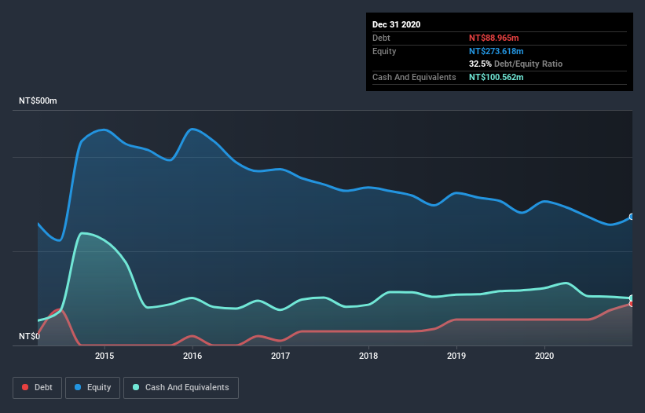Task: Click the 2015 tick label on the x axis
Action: pyautogui.click(x=104, y=356)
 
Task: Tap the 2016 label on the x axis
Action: pyautogui.click(x=192, y=356)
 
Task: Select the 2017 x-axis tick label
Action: pyautogui.click(x=280, y=356)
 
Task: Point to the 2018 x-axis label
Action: pyautogui.click(x=368, y=356)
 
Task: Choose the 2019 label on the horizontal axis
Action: pyautogui.click(x=456, y=356)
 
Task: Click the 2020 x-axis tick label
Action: pyautogui.click(x=544, y=356)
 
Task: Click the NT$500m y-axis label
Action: pyautogui.click(x=38, y=101)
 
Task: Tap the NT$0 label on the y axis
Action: pyautogui.click(x=29, y=336)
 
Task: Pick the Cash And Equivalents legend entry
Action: pyautogui.click(x=181, y=387)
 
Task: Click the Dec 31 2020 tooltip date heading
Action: pyautogui.click(x=396, y=24)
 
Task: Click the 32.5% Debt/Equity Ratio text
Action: pyautogui.click(x=515, y=64)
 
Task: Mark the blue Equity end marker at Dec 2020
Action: pyautogui.click(x=631, y=217)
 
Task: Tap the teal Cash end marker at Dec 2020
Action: pyautogui.click(x=631, y=298)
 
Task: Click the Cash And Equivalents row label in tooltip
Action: pyautogui.click(x=414, y=77)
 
